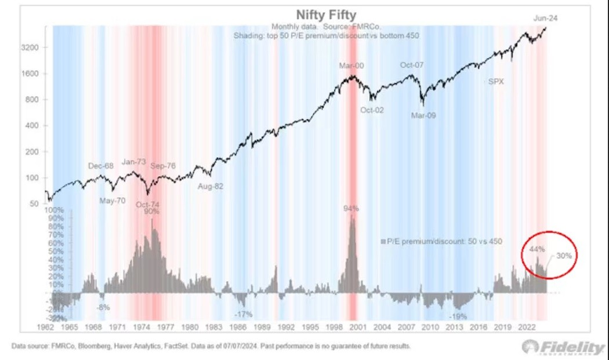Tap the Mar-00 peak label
pyautogui.click(x=351, y=66)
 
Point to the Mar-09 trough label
pyautogui.click(x=423, y=115)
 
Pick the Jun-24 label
pyautogui.click(x=546, y=19)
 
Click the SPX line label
pyautogui.click(x=496, y=82)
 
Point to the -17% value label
pyautogui.click(x=243, y=314)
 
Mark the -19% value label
pyautogui.click(x=459, y=317)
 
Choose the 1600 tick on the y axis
pyautogui.click(x=30, y=74)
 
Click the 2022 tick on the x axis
pyautogui.click(x=528, y=328)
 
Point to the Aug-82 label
pyautogui.click(x=211, y=187)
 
